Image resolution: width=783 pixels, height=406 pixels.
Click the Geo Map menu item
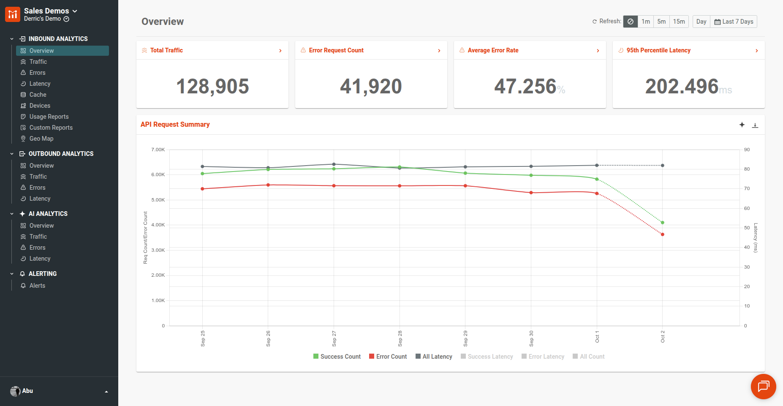click(x=41, y=139)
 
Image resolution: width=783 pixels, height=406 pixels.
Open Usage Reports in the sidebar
click(x=49, y=117)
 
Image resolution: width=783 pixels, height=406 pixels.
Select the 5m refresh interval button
click(x=661, y=22)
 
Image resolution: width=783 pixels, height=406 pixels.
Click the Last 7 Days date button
click(x=734, y=22)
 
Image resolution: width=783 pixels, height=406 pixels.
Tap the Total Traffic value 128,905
click(x=212, y=86)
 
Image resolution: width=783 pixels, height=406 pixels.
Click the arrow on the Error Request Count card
click(x=439, y=51)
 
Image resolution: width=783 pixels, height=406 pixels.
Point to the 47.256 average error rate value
click(x=525, y=86)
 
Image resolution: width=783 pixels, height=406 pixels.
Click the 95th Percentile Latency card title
click(x=658, y=50)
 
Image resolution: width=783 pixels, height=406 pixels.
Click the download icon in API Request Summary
click(x=755, y=125)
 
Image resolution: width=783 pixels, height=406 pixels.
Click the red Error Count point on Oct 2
click(x=663, y=234)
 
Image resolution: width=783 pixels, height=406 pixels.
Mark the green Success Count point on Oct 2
click(x=663, y=223)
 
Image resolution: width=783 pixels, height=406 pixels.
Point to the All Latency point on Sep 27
click(x=334, y=164)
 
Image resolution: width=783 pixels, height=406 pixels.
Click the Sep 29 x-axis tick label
click(x=465, y=338)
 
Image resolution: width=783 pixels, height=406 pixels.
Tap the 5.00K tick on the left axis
click(x=158, y=200)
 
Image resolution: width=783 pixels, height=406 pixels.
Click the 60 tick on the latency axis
click(x=747, y=208)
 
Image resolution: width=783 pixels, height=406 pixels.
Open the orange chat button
click(x=763, y=386)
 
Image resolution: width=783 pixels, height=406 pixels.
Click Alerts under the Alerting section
click(x=37, y=286)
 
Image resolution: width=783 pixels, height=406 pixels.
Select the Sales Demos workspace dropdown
click(x=50, y=11)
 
